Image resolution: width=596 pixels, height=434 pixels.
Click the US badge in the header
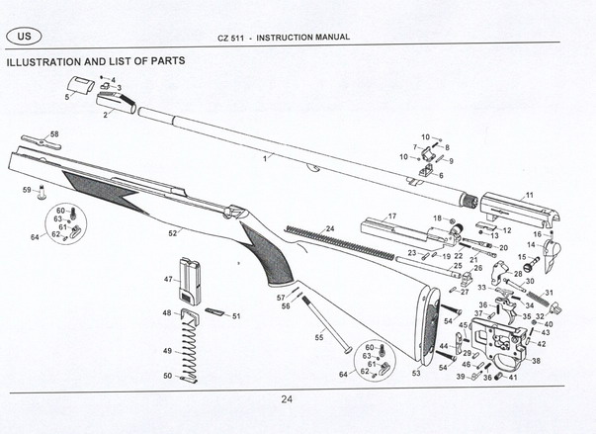24,37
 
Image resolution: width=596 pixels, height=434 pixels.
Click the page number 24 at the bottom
287,399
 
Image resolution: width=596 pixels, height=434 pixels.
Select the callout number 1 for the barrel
264,158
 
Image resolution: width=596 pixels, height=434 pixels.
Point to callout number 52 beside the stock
172,233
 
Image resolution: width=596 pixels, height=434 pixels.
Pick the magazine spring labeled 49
191,347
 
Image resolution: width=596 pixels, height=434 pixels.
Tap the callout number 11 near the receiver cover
529,196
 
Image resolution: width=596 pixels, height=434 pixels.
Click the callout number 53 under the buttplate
416,374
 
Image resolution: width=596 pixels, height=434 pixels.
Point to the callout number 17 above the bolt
392,216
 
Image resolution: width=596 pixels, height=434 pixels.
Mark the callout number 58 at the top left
53,134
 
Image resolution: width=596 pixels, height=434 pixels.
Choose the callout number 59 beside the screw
26,189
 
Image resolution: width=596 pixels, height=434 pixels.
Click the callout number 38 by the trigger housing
536,362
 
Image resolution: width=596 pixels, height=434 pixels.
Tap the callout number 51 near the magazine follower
236,316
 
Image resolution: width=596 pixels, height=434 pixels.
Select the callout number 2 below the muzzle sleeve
105,115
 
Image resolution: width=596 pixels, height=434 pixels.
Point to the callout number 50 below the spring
167,376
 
